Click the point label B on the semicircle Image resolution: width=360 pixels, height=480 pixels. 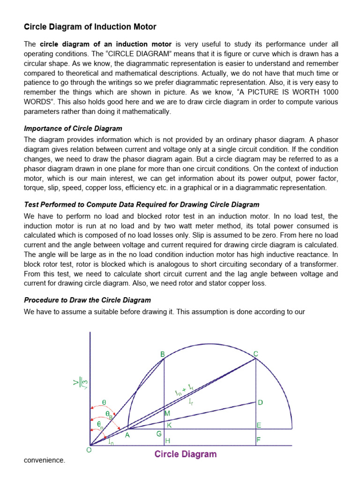coord(163,354)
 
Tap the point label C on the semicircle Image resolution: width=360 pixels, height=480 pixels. coord(255,353)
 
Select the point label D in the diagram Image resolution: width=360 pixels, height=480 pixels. coord(260,402)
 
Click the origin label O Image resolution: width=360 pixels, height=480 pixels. coord(89,450)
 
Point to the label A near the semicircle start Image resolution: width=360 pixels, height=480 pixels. coord(127,435)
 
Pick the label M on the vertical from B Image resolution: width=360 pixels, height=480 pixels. coord(167,413)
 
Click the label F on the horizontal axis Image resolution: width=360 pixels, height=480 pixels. coord(258,440)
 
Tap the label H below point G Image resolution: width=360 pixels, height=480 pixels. coord(167,441)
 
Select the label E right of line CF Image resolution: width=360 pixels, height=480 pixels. coord(258,425)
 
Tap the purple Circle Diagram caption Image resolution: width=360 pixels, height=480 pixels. coord(186,454)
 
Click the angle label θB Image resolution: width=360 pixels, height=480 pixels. coord(108,414)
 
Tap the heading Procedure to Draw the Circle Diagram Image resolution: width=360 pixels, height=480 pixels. coord(87,300)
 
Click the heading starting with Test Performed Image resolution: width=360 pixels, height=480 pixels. coord(142,205)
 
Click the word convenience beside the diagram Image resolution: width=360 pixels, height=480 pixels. coord(44,460)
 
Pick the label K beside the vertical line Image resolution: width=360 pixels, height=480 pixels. coord(169,425)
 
